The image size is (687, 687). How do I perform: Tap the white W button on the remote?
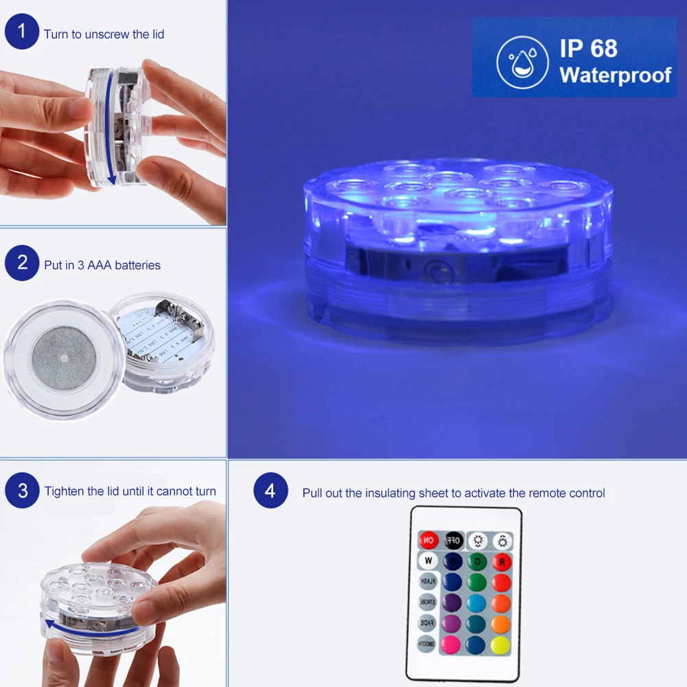(428, 561)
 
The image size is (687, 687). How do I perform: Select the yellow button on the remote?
(501, 645)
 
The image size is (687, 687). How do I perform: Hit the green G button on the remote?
(477, 562)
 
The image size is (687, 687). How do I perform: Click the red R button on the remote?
(502, 562)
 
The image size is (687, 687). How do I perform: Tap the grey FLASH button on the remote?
(428, 582)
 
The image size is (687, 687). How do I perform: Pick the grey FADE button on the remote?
(428, 623)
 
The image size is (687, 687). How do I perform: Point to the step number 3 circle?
(22, 491)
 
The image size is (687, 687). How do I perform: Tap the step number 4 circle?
(270, 491)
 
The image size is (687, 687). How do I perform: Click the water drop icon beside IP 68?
(522, 62)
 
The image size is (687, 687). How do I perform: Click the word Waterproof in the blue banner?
(615, 74)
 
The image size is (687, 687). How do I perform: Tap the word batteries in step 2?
(137, 265)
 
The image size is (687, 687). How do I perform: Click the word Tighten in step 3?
(65, 491)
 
